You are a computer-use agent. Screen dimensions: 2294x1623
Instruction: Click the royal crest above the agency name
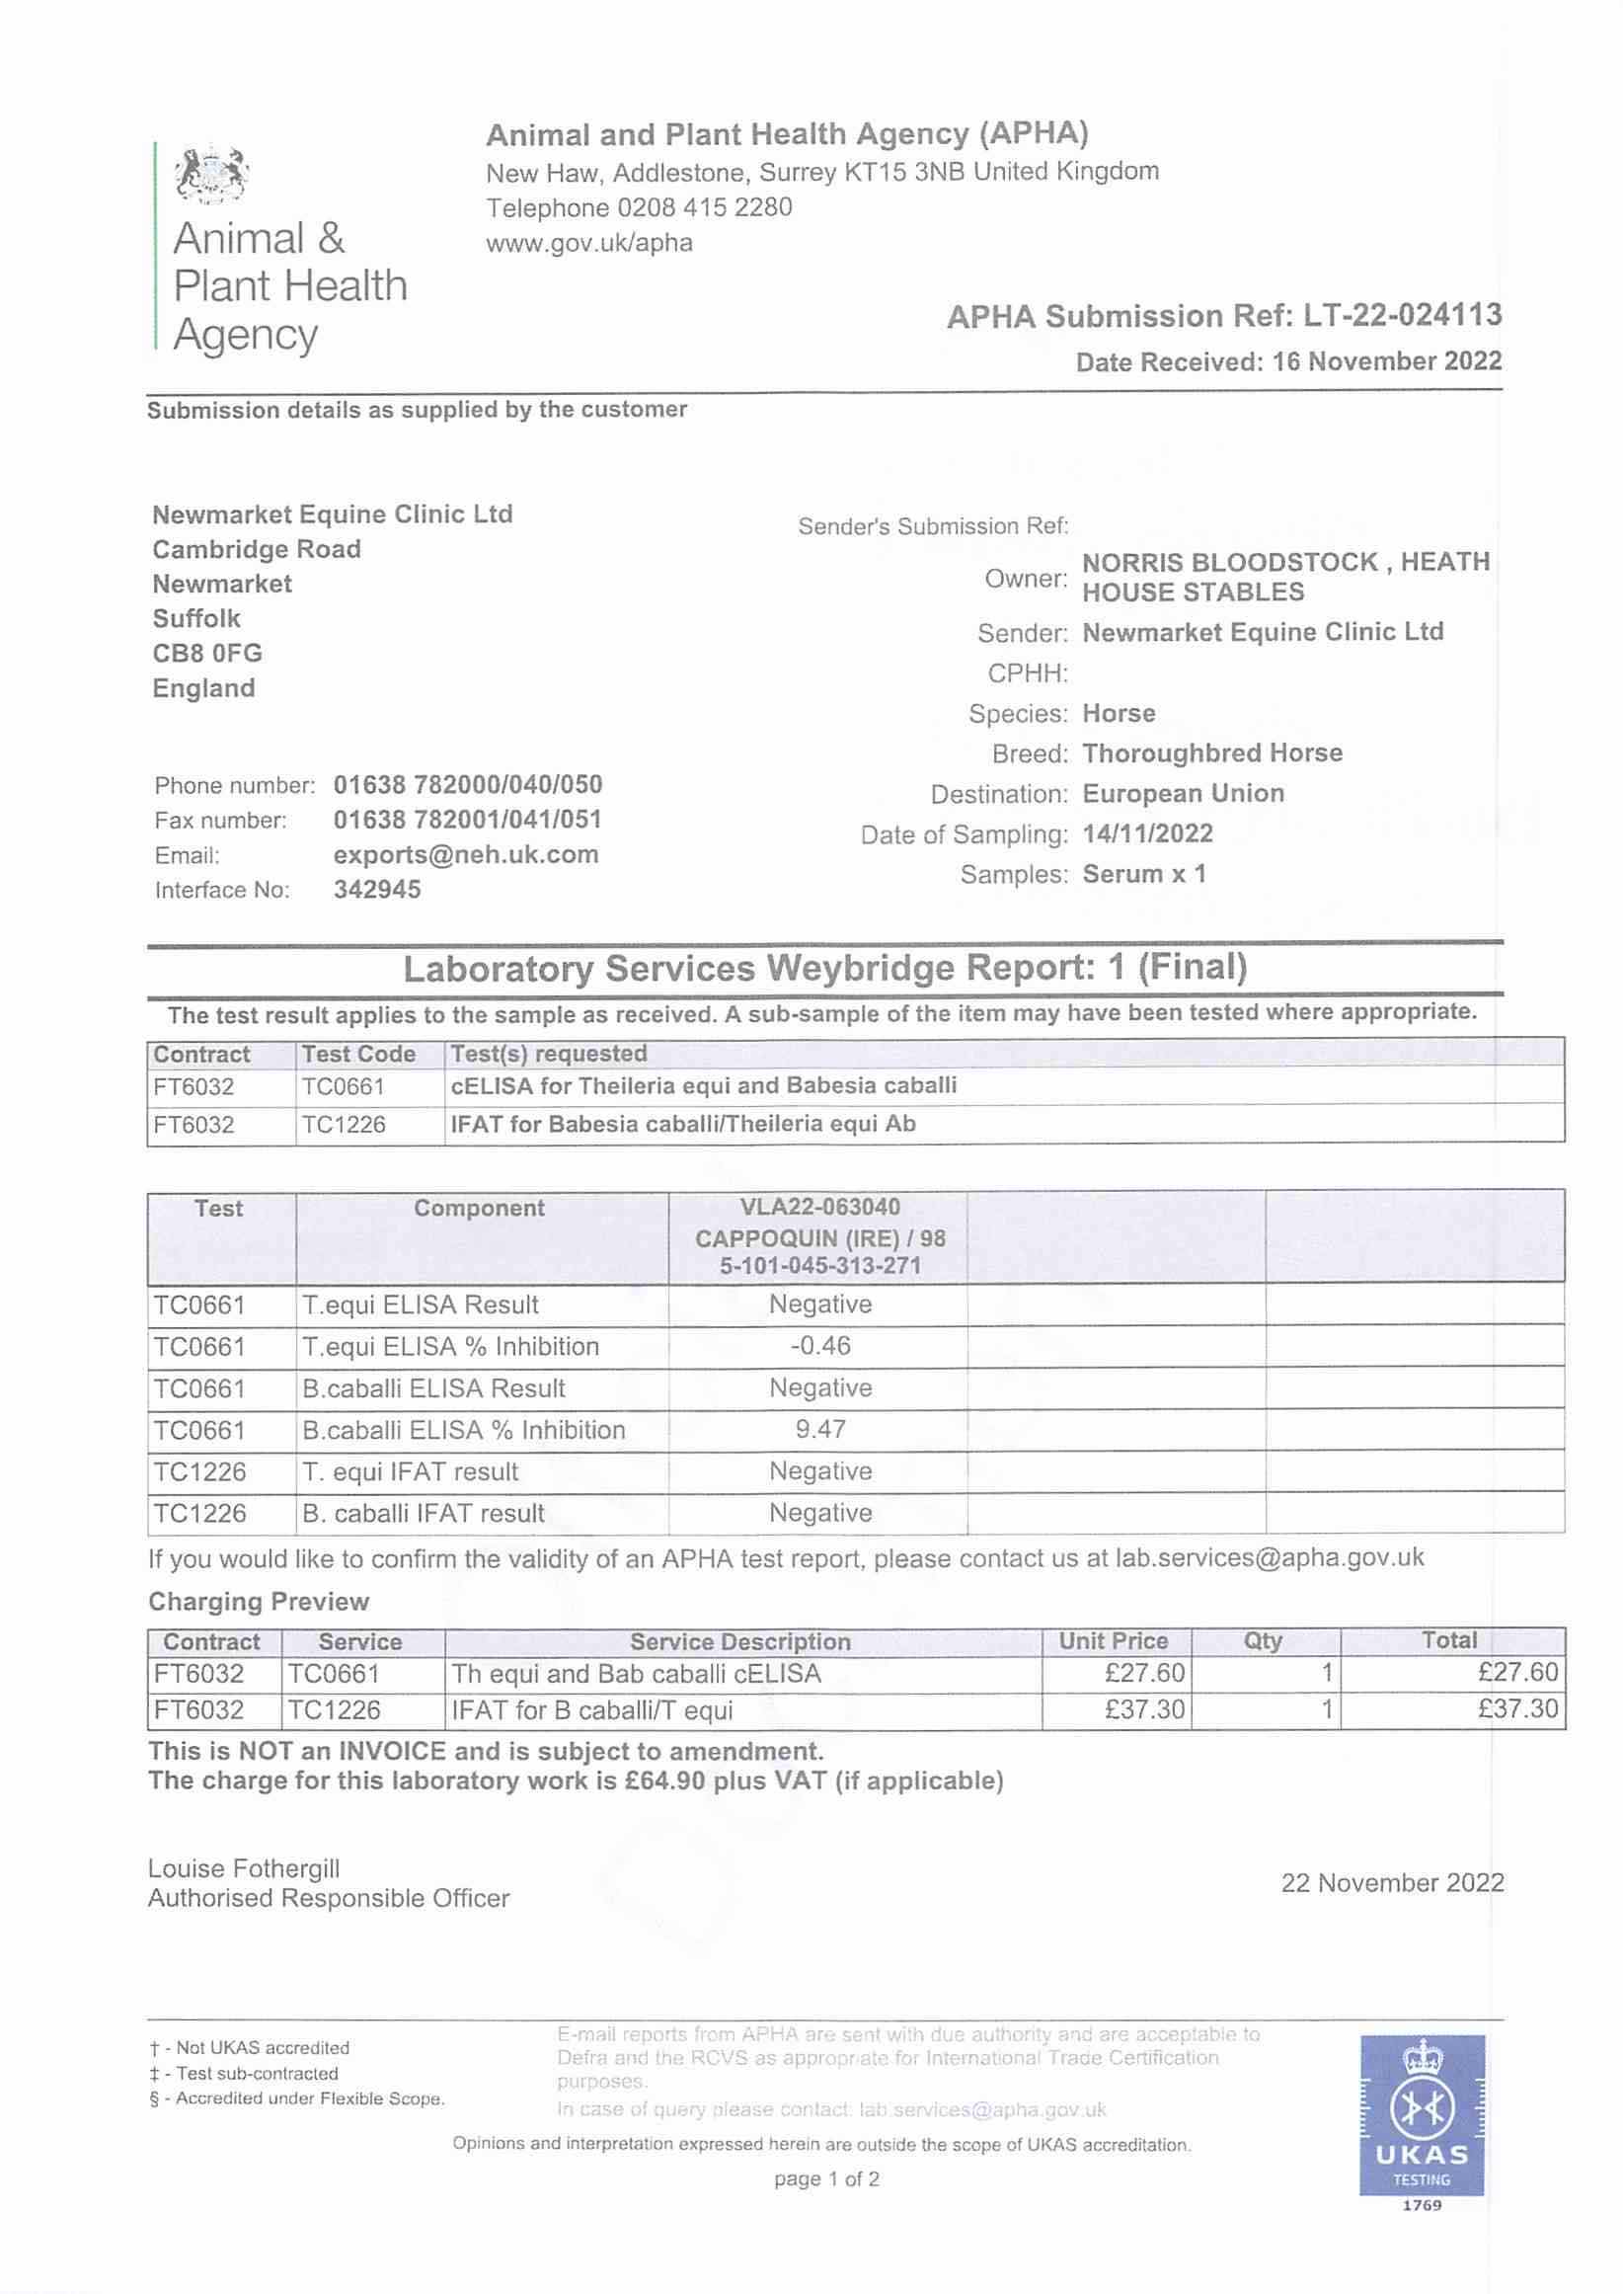(211, 175)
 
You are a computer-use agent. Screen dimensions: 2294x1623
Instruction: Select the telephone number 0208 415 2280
(705, 208)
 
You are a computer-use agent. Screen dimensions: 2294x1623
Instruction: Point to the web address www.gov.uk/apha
(588, 243)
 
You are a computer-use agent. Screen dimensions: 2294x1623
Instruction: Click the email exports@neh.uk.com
(466, 854)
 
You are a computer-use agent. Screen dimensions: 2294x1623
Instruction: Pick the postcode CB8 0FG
(207, 654)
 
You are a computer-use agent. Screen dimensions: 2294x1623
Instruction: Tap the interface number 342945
(377, 890)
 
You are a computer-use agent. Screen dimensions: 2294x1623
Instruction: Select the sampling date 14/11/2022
(1147, 833)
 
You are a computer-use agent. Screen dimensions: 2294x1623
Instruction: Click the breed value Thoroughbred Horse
(1212, 752)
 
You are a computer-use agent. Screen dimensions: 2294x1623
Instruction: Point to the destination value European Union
(1184, 794)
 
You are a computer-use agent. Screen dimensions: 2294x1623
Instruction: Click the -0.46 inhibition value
(819, 1345)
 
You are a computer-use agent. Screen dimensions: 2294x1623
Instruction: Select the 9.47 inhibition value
(819, 1429)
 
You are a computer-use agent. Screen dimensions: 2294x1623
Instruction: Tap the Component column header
(479, 1209)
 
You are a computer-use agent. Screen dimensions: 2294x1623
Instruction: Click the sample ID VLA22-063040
(819, 1208)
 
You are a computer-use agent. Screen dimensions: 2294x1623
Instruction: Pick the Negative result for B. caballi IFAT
(819, 1513)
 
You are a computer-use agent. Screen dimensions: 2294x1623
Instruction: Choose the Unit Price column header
(1114, 1641)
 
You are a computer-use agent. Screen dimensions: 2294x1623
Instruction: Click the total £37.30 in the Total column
(1517, 1709)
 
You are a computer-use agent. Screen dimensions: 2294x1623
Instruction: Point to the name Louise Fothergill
(244, 1869)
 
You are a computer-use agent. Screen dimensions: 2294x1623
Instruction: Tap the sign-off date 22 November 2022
(1392, 1883)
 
